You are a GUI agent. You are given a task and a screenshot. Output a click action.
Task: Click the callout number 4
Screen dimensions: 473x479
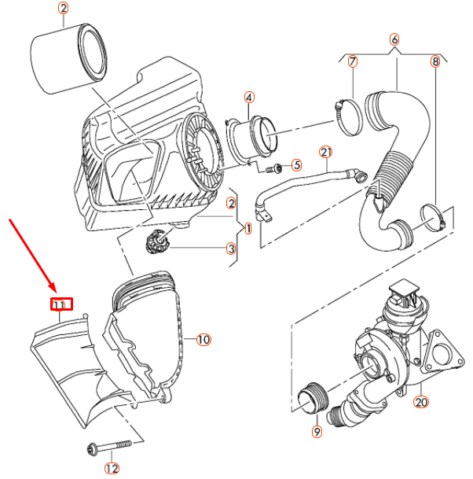249,98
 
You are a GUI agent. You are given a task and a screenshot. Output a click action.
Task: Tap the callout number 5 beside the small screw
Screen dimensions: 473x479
296,165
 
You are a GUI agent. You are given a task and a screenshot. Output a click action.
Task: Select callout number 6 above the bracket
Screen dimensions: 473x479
394,39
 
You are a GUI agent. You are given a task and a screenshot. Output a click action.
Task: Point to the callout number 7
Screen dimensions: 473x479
353,61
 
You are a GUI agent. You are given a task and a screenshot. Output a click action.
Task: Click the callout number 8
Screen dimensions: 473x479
434,61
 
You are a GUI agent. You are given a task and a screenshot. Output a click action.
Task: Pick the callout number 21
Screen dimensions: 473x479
325,152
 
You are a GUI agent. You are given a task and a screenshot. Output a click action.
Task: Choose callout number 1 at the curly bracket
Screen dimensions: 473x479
248,229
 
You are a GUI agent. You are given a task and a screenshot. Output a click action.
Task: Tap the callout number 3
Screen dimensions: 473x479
231,249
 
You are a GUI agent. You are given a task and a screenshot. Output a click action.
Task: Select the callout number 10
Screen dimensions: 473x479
203,340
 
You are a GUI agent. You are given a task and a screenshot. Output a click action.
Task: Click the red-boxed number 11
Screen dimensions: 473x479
61,304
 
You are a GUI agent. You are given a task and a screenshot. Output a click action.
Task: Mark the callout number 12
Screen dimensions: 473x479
112,469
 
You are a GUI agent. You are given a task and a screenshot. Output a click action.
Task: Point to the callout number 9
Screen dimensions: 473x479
317,432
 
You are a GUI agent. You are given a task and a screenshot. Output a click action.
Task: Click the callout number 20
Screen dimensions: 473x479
421,402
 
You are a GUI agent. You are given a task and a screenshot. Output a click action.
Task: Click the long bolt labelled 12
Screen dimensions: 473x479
109,448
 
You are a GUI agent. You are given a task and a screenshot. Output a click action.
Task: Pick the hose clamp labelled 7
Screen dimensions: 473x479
349,117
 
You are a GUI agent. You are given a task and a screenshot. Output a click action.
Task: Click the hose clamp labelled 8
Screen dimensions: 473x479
432,218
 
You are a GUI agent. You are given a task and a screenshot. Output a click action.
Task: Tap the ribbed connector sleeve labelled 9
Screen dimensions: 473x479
313,399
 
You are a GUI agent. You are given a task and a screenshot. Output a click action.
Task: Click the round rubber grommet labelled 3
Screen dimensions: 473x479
157,241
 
